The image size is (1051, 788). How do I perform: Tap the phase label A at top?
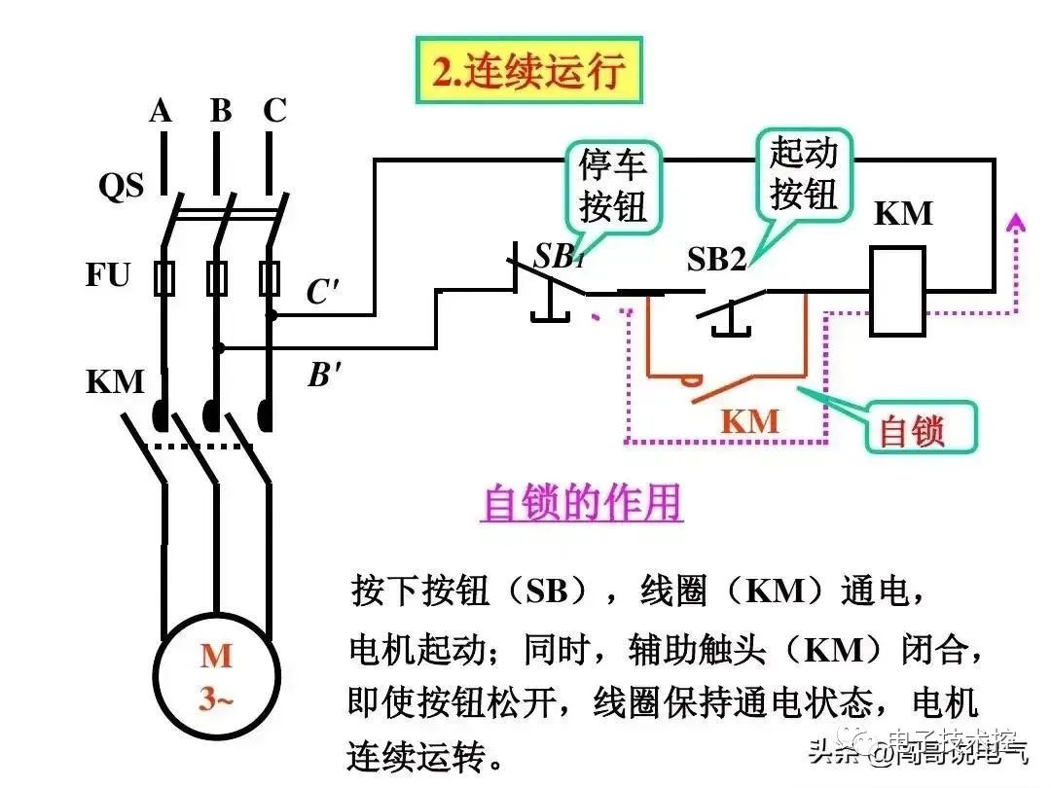[x=161, y=112]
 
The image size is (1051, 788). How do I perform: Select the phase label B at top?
[x=221, y=112]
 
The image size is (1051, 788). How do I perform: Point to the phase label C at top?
[x=275, y=112]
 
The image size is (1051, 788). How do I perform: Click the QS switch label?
[x=121, y=185]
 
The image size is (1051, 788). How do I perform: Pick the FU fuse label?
[x=107, y=275]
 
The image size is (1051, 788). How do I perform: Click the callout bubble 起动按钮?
[x=803, y=173]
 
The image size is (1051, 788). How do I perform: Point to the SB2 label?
[x=717, y=259]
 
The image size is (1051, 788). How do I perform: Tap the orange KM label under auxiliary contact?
[x=749, y=421]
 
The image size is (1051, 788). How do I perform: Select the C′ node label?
[x=322, y=292]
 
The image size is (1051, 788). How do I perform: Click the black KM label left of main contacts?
[x=115, y=381]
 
